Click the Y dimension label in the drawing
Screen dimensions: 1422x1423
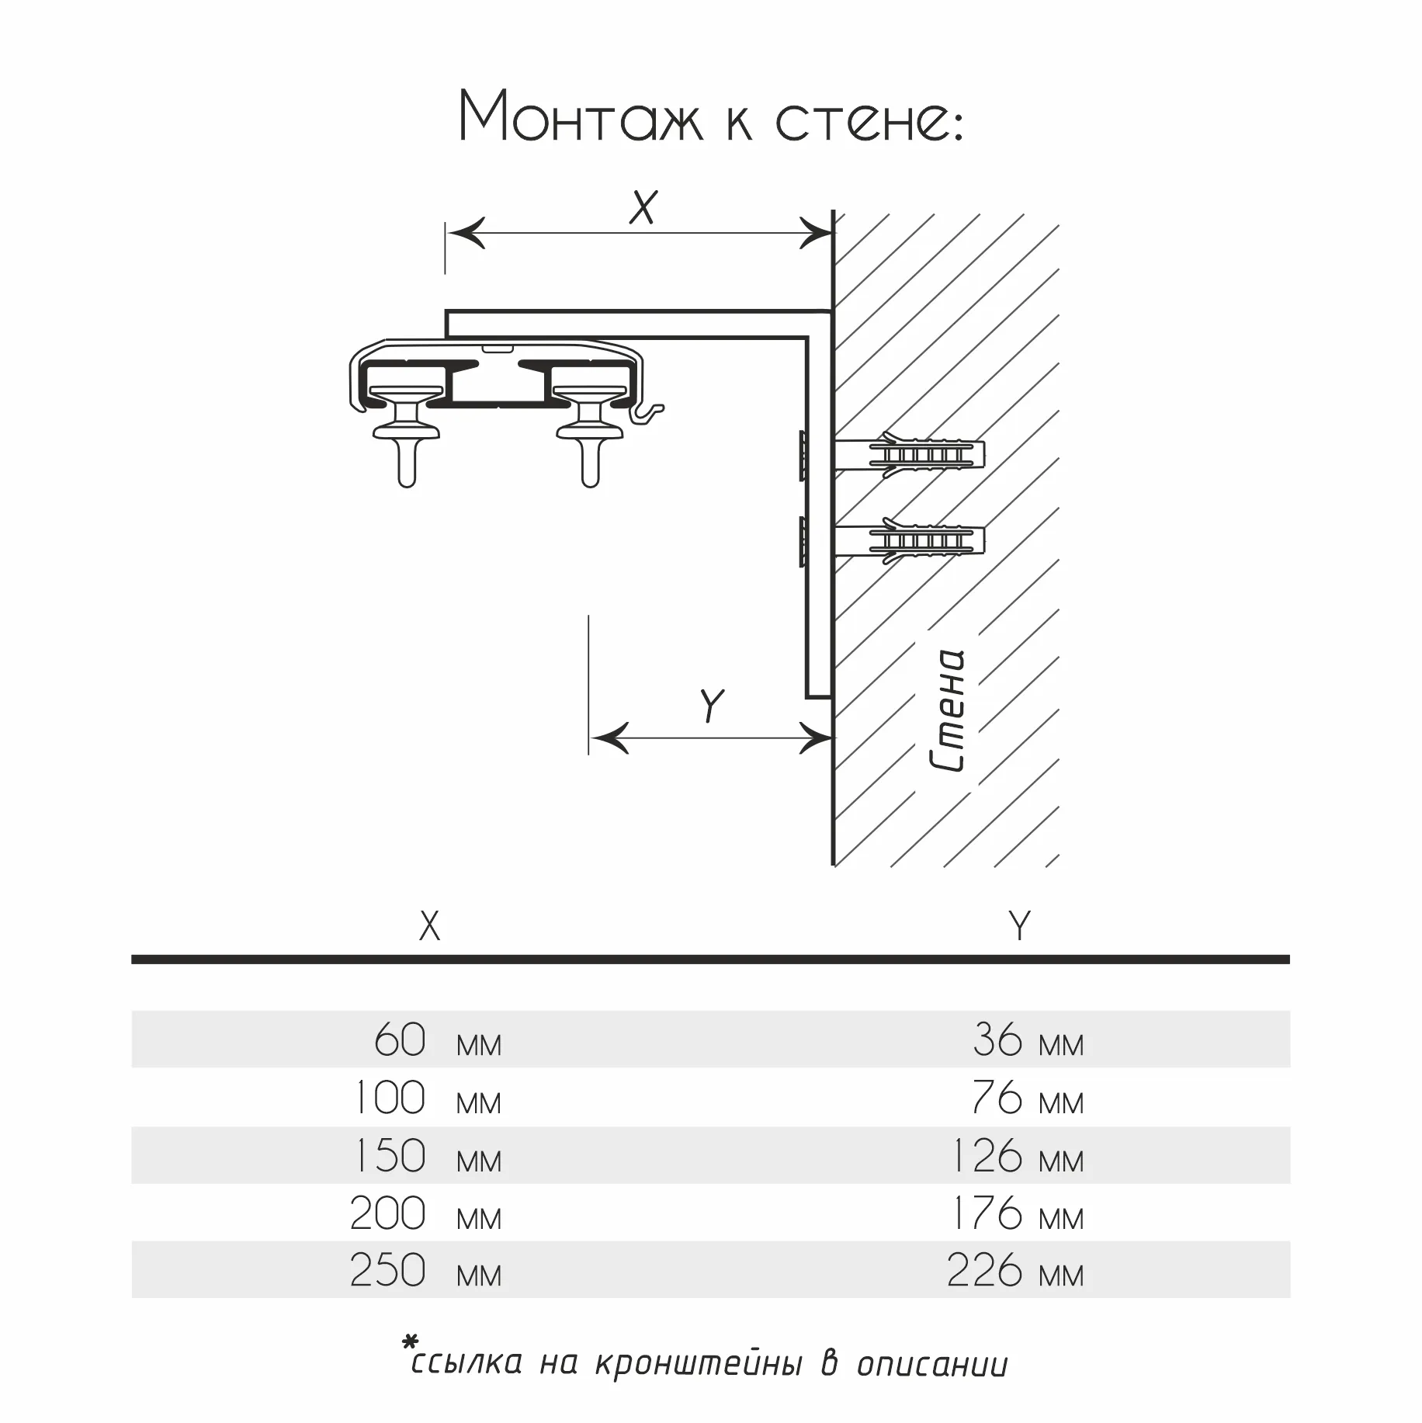(x=711, y=705)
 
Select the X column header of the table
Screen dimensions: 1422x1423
(x=429, y=926)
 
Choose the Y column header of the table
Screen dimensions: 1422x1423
(x=1019, y=925)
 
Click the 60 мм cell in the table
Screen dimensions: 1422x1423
(x=438, y=1040)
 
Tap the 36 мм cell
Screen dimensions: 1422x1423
(x=1028, y=1040)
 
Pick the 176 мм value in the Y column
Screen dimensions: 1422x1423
(x=1017, y=1213)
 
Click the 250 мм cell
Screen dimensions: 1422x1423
(x=426, y=1271)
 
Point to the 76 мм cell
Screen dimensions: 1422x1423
(x=1028, y=1098)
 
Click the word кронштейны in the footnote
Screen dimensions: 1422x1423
(x=698, y=1364)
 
